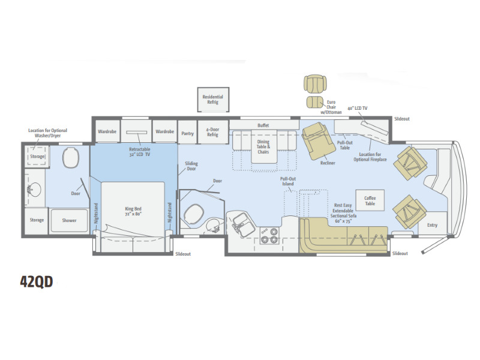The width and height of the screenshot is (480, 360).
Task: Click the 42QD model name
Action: pyautogui.click(x=37, y=281)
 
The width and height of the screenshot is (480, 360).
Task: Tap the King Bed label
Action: pyautogui.click(x=133, y=212)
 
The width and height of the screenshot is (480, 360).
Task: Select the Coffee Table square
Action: pyautogui.click(x=370, y=200)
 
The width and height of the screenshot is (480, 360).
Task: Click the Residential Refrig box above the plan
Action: pyautogui.click(x=213, y=100)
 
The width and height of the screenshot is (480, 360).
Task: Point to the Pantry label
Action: pyautogui.click(x=187, y=133)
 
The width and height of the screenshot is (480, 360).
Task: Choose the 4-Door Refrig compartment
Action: pyautogui.click(x=213, y=132)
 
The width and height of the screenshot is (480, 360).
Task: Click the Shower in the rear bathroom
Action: pyautogui.click(x=69, y=220)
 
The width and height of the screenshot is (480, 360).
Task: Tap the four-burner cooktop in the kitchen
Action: pyautogui.click(x=269, y=235)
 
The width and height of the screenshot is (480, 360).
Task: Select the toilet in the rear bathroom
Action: pyautogui.click(x=71, y=157)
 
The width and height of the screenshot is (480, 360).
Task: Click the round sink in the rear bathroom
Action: pyautogui.click(x=34, y=190)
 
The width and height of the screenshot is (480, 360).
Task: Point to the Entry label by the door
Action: pyautogui.click(x=432, y=225)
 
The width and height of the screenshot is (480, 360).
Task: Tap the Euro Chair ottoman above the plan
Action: pyautogui.click(x=315, y=102)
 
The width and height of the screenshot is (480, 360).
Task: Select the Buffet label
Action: pyautogui.click(x=263, y=125)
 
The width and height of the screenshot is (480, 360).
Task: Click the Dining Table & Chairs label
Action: pyautogui.click(x=263, y=146)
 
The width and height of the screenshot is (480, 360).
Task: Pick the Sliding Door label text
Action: pyautogui.click(x=191, y=166)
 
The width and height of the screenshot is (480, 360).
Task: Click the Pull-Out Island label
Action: pyautogui.click(x=288, y=181)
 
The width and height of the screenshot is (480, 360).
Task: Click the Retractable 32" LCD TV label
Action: pyautogui.click(x=140, y=152)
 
